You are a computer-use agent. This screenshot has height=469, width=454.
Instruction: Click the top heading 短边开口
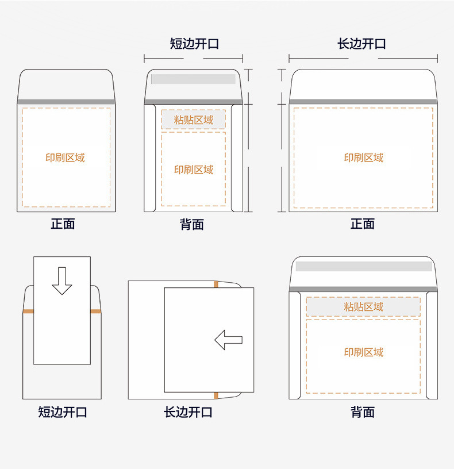pyautogui.click(x=194, y=44)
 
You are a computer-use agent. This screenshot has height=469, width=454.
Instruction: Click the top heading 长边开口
pyautogui.click(x=361, y=44)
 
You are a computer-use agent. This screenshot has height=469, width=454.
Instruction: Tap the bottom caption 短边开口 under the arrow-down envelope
pyautogui.click(x=62, y=412)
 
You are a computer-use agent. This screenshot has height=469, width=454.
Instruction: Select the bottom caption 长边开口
pyautogui.click(x=188, y=412)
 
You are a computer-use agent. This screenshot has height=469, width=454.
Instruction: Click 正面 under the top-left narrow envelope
pyautogui.click(x=63, y=224)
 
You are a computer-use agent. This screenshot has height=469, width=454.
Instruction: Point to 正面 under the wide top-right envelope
pyautogui.click(x=363, y=224)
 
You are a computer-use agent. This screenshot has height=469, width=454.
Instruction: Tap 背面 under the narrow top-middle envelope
pyautogui.click(x=192, y=224)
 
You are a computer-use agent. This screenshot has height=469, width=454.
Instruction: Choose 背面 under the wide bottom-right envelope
pyautogui.click(x=363, y=412)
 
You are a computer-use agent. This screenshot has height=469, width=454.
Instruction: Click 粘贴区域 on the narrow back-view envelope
pyautogui.click(x=194, y=120)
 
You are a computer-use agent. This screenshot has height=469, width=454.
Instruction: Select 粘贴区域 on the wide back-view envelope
pyautogui.click(x=363, y=306)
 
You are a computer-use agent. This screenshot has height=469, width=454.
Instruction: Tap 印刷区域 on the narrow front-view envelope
pyautogui.click(x=65, y=157)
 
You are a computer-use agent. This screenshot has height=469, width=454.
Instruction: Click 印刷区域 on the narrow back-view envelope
pyautogui.click(x=194, y=170)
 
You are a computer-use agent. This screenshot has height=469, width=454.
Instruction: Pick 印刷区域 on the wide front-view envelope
pyautogui.click(x=363, y=157)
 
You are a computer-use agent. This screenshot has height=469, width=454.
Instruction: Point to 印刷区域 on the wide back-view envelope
pyautogui.click(x=363, y=352)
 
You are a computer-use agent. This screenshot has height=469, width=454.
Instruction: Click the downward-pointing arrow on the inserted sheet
pyautogui.click(x=62, y=281)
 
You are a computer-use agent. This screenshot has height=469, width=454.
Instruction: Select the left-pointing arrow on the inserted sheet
pyautogui.click(x=229, y=340)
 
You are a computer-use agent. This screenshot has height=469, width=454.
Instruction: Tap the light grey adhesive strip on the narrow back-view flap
pyautogui.click(x=194, y=79)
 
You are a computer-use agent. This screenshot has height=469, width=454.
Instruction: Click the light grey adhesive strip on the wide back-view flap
pyautogui.click(x=364, y=266)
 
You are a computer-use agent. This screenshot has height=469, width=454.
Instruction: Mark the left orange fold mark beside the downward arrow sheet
pyautogui.click(x=28, y=312)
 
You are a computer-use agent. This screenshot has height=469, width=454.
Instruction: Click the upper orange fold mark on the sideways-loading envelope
pyautogui.click(x=216, y=284)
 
